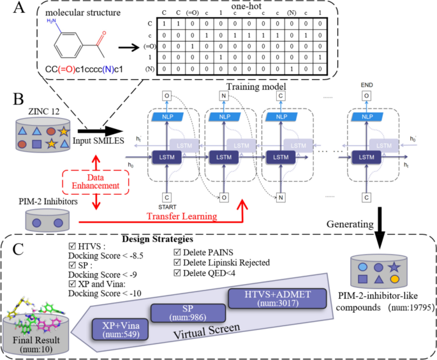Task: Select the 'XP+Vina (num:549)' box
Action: [121, 328]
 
